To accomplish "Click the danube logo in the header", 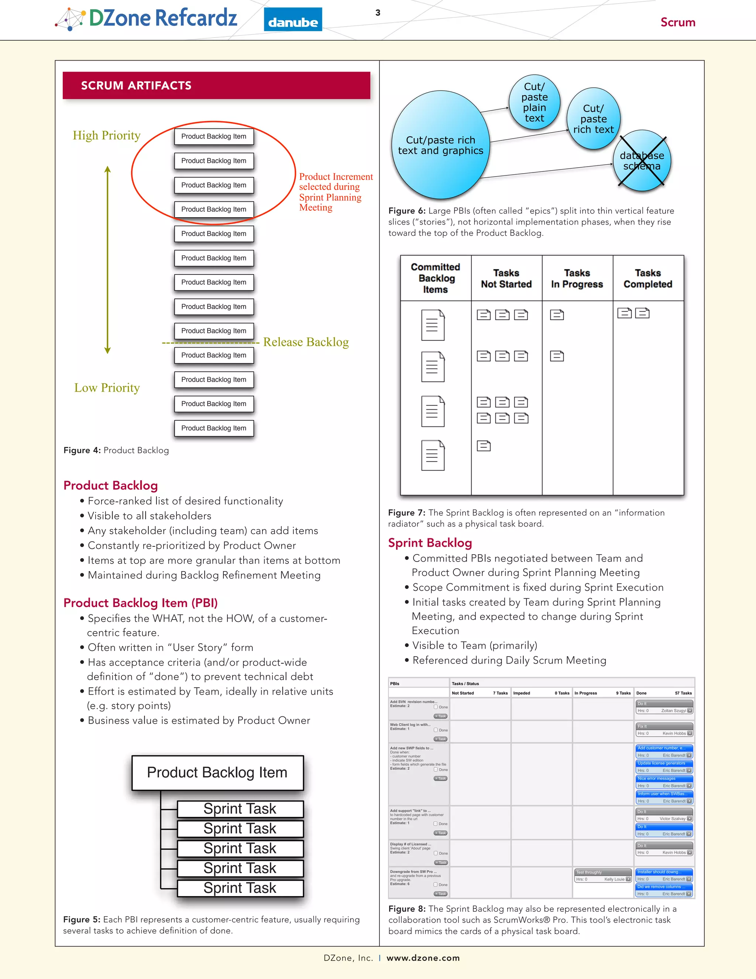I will coord(293,20).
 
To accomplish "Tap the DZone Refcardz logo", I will coord(147,19).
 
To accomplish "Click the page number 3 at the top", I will coord(378,13).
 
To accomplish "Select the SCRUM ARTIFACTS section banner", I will coord(216,86).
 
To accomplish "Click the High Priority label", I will coord(107,135).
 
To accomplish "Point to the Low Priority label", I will coord(107,388).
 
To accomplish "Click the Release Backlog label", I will coord(306,342).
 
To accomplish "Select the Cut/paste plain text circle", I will coord(534,102).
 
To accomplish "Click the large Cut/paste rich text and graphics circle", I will coord(440,145).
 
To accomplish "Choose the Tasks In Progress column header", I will coord(577,279).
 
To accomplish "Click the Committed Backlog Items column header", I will coord(435,279).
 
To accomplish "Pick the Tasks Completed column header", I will coord(647,279).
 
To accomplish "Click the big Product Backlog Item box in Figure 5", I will coord(217,772).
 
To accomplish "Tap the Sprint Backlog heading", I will coord(430,543).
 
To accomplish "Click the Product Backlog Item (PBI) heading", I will coord(140,603).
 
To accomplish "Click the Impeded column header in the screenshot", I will coord(522,693).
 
